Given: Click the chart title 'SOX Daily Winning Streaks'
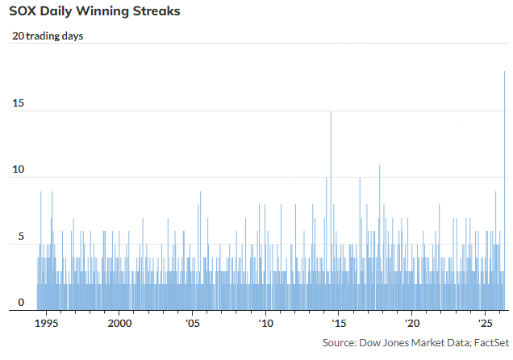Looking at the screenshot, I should (94, 12).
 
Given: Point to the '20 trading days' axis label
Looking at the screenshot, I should (48, 36).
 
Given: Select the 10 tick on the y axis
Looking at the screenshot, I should (19, 170).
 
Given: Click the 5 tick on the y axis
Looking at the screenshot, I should (22, 237).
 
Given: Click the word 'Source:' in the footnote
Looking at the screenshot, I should (340, 343).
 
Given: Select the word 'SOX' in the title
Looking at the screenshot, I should (25, 12).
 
